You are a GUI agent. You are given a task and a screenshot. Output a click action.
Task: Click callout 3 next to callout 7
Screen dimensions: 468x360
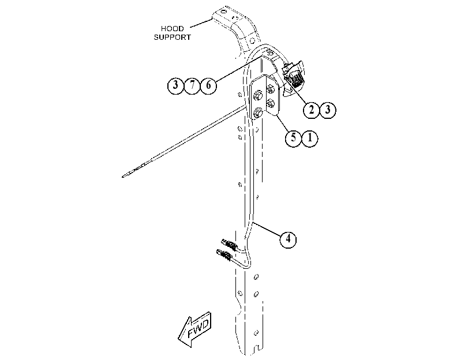[x=175, y=85]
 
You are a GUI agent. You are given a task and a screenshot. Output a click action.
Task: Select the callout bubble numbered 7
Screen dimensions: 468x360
[x=192, y=85]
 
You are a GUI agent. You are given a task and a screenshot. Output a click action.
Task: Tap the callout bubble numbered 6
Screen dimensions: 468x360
[x=208, y=85]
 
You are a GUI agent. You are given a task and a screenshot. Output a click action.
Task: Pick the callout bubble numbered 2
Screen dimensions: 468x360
[x=311, y=110]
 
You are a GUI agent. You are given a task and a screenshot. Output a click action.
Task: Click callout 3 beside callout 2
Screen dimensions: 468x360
[x=328, y=110]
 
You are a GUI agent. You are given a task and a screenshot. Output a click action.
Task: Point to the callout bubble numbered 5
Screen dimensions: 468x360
[x=293, y=138]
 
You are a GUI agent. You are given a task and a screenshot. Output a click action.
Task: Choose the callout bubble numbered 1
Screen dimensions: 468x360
[x=310, y=138]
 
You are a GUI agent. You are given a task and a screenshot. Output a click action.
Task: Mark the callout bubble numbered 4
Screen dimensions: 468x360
[x=288, y=239]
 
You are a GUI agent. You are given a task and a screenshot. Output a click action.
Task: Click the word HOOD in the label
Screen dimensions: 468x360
[x=172, y=29]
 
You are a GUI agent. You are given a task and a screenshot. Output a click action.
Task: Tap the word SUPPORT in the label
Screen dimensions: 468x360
[x=172, y=37]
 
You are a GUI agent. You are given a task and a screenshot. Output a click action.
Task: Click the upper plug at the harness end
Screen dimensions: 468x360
[x=229, y=245]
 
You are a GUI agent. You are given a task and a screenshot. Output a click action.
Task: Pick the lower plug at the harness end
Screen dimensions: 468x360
[x=224, y=255]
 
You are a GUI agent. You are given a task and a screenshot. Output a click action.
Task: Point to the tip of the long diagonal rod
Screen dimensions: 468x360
[x=122, y=177]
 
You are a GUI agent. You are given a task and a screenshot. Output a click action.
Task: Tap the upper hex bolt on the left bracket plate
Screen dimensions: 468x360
[x=257, y=96]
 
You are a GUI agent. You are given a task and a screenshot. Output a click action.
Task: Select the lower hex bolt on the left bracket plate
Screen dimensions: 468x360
[x=257, y=114]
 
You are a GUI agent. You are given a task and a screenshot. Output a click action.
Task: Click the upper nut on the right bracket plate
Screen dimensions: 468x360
[x=270, y=89]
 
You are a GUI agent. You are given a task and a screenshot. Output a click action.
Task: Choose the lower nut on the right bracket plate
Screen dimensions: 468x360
[x=271, y=104]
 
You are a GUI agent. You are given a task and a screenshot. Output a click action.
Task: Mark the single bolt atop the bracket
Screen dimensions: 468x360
[x=269, y=52]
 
